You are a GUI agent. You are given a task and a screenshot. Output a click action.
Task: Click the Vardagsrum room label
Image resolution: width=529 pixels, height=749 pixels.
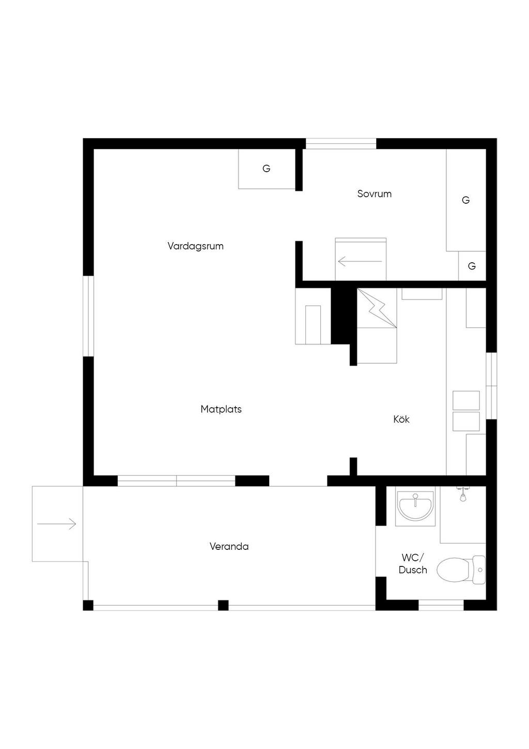tap(195, 246)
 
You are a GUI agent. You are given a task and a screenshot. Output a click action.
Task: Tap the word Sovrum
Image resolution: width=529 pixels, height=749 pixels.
tap(374, 194)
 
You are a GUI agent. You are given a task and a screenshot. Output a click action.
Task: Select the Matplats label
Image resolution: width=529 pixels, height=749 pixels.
tap(221, 409)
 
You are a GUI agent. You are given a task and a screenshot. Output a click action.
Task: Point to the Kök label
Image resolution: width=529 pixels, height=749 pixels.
tap(401, 420)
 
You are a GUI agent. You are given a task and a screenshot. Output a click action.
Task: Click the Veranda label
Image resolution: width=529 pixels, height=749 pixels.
tap(229, 547)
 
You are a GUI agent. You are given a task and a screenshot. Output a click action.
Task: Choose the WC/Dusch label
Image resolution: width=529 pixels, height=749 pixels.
tap(413, 564)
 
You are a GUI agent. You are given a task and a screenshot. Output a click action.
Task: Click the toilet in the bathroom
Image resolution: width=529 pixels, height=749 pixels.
tap(461, 570)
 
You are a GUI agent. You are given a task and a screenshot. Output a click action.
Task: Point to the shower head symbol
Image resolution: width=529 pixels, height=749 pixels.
tap(463, 494)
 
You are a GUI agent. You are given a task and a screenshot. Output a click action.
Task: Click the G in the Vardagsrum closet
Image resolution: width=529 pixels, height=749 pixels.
tap(266, 169)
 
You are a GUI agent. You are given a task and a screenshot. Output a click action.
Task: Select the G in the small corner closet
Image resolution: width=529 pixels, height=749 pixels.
tap(472, 266)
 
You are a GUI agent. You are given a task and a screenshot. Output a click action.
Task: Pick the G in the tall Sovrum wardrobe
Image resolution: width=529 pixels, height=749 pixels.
tap(465, 200)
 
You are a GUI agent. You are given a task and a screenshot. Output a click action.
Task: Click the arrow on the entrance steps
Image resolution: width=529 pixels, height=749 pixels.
tap(57, 523)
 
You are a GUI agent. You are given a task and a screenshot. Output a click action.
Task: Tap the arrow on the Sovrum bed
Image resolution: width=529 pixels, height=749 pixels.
tap(360, 261)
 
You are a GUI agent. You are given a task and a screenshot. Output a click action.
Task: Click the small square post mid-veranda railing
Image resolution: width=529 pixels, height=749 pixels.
tap(223, 605)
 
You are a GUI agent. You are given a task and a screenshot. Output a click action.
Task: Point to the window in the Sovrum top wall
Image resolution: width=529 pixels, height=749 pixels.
tap(341, 144)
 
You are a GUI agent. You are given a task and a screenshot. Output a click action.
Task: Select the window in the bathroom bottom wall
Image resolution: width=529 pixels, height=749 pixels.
tap(441, 605)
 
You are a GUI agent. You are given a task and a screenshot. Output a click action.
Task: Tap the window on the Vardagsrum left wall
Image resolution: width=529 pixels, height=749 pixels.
tap(88, 316)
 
